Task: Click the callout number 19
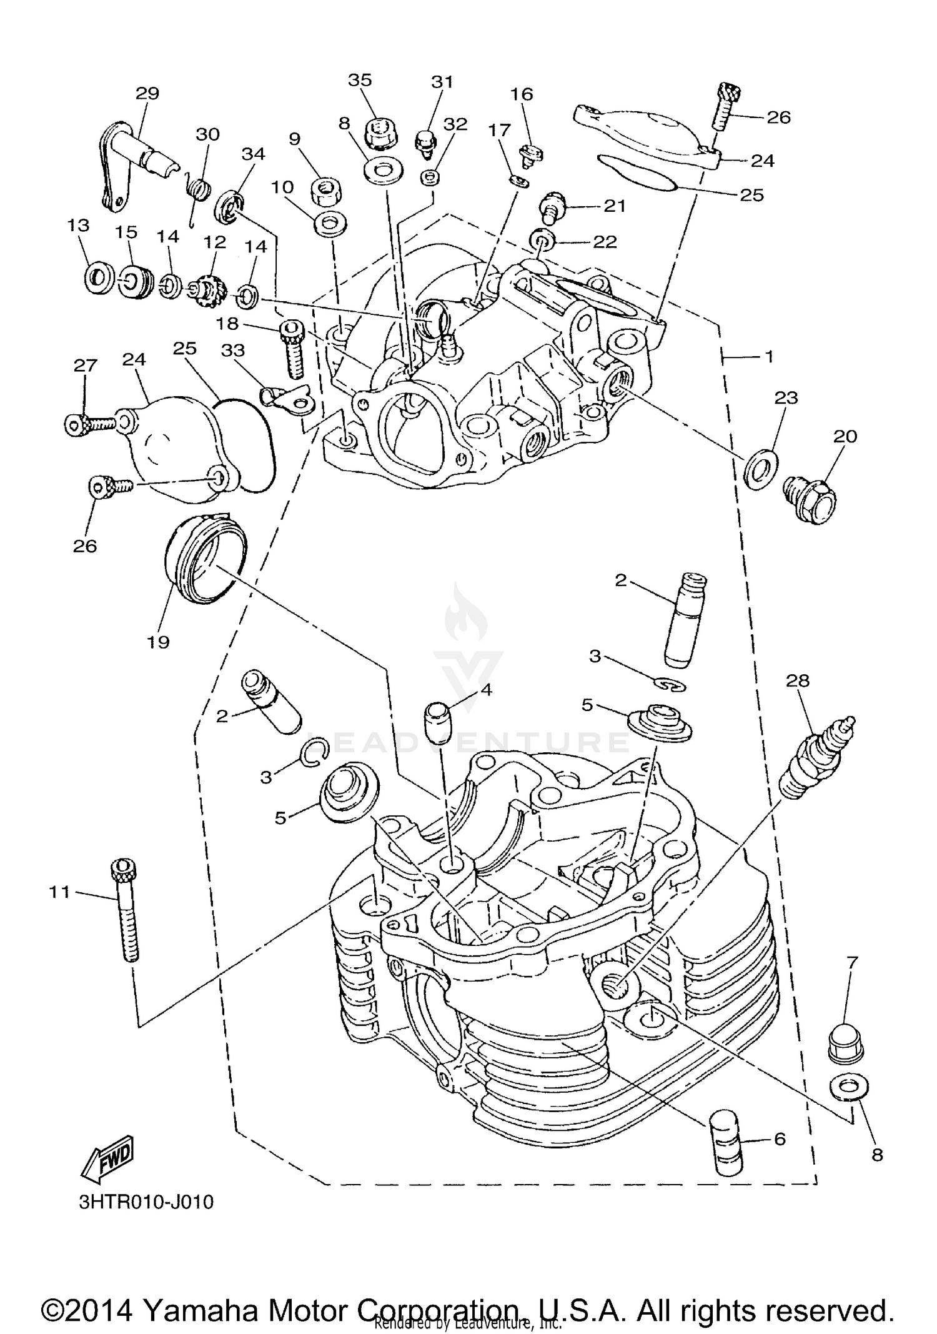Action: coord(158,642)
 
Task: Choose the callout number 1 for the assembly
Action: coord(770,357)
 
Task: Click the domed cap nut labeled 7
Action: coord(848,1043)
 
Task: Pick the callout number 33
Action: coord(232,351)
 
